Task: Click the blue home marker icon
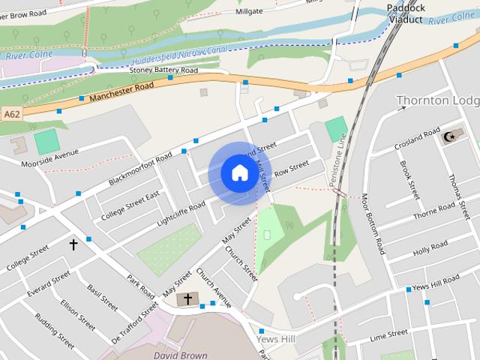238,173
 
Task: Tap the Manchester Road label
121,92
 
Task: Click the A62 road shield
11,114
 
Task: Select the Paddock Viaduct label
406,13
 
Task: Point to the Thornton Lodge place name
437,100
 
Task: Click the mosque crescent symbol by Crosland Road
450,136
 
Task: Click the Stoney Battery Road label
163,70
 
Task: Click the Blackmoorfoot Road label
140,169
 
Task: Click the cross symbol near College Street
73,244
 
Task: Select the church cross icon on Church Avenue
187,299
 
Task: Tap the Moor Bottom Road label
372,223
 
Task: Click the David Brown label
179,354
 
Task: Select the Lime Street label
388,334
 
